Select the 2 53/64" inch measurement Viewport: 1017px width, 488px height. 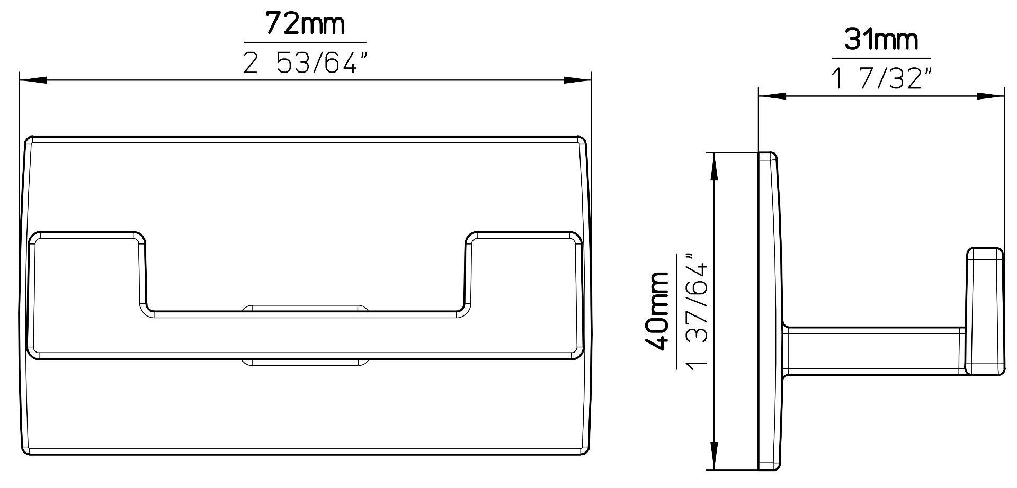(x=305, y=64)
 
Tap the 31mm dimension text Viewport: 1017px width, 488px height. (x=881, y=40)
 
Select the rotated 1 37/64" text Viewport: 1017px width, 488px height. (x=697, y=311)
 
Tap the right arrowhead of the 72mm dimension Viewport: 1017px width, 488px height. (x=577, y=80)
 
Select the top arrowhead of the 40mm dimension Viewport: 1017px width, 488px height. (x=715, y=166)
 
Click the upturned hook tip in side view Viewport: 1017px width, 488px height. (x=984, y=318)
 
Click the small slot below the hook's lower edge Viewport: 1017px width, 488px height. (x=305, y=364)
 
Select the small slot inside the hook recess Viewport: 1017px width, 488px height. (x=305, y=308)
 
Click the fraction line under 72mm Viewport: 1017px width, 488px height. (x=305, y=42)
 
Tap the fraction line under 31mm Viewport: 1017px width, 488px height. (x=881, y=58)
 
